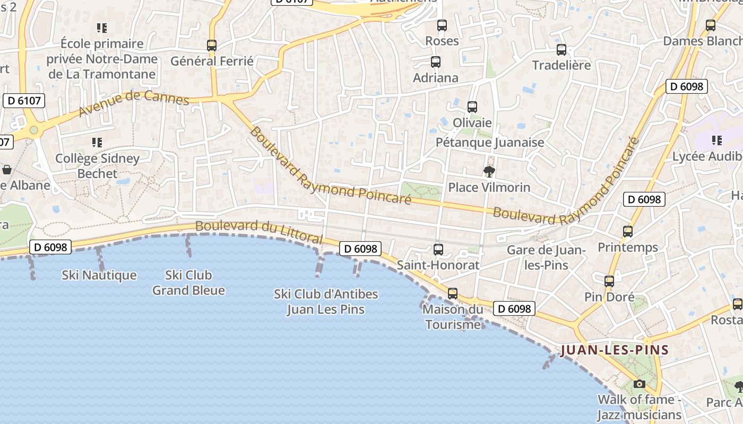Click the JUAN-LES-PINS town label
click(x=614, y=350)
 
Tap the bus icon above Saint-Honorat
click(x=438, y=249)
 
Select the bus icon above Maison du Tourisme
click(x=453, y=293)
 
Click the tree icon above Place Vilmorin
click(x=489, y=171)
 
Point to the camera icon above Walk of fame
click(x=640, y=384)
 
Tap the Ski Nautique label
click(x=99, y=275)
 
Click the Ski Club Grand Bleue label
click(x=188, y=282)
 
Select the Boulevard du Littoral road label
click(x=258, y=233)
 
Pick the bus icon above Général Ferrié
click(x=212, y=46)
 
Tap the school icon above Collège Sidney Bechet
click(x=97, y=142)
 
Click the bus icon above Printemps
click(x=628, y=232)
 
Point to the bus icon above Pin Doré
click(x=609, y=281)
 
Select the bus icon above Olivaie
click(x=472, y=107)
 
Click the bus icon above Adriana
click(x=436, y=62)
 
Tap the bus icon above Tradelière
click(x=561, y=50)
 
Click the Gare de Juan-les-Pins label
click(x=546, y=258)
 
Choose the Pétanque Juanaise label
click(x=490, y=142)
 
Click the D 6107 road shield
click(x=24, y=100)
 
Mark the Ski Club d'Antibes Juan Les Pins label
click(x=326, y=301)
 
